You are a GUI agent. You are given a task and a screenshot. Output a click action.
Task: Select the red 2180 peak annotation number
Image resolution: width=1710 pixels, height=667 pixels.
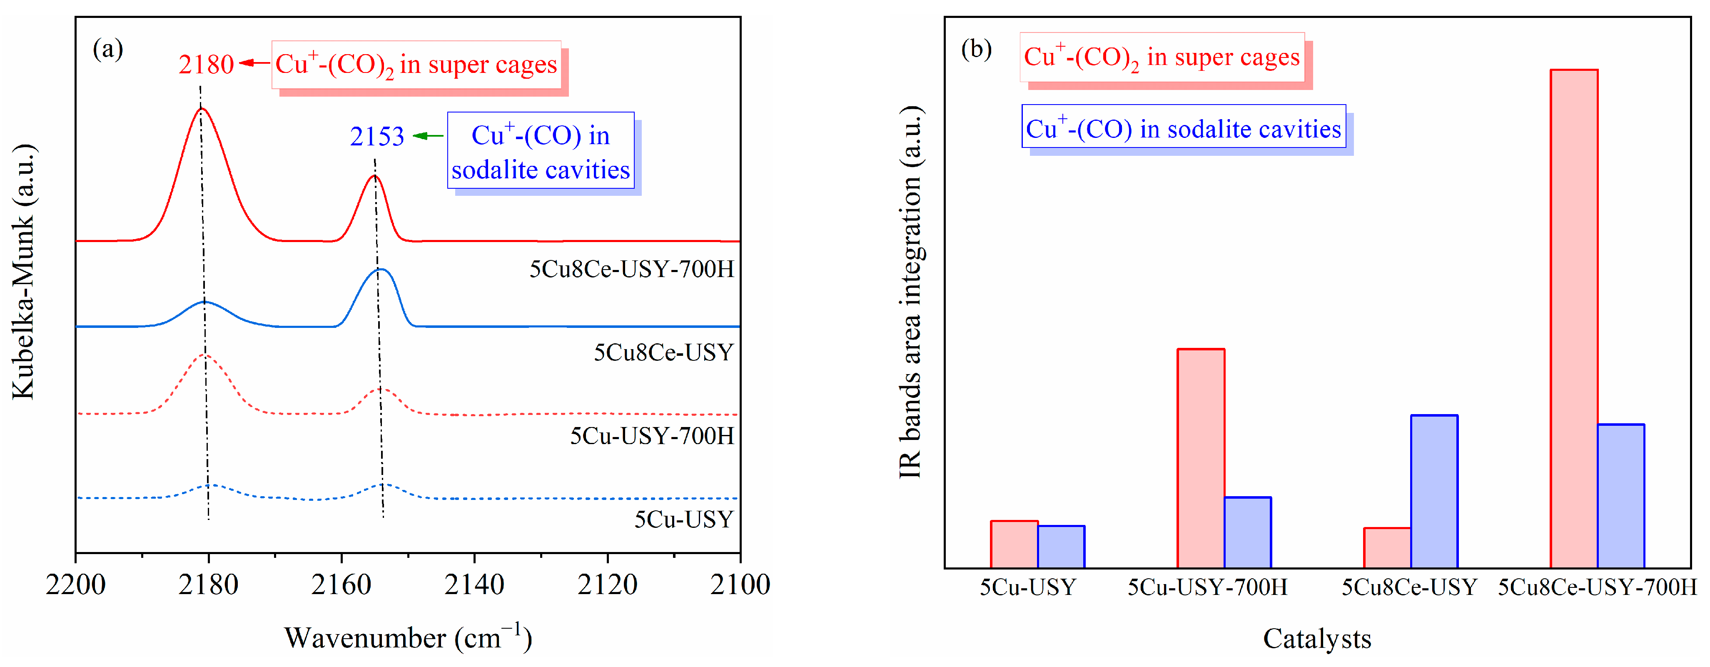pos(206,65)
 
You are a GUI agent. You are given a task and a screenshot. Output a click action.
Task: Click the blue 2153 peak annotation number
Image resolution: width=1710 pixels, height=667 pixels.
pos(376,136)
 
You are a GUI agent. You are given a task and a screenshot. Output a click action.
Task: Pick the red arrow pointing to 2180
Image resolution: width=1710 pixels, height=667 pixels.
pos(254,63)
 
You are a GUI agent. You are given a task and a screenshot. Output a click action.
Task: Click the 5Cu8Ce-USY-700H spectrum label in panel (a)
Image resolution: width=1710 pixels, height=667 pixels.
pos(631,269)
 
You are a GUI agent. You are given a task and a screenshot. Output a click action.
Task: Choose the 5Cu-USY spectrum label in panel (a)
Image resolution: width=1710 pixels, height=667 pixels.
pos(684,519)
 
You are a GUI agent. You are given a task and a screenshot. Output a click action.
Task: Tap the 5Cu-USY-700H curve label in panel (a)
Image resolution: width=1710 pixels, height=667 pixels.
pos(652,436)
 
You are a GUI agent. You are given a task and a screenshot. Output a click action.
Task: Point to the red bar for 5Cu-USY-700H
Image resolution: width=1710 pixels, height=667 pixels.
pos(1200,458)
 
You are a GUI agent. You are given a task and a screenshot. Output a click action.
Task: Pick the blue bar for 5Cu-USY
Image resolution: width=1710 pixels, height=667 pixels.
pos(1061,546)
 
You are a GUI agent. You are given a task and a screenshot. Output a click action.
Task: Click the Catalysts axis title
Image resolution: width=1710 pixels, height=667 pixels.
pos(1316,638)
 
